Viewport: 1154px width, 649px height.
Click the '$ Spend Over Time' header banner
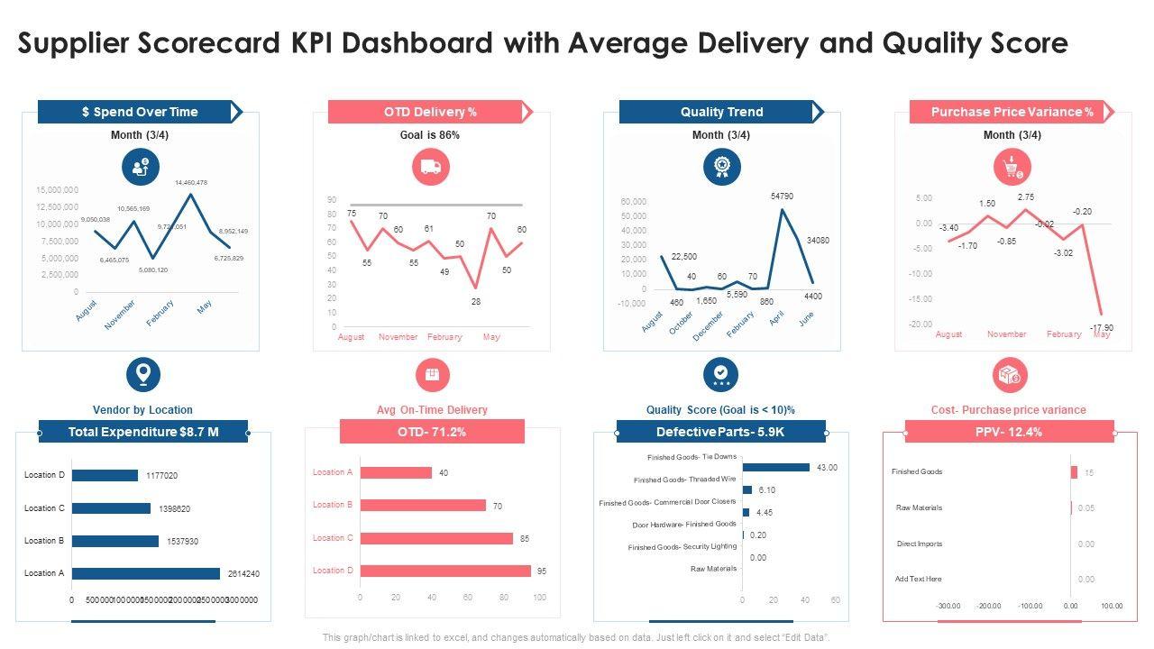[140, 112]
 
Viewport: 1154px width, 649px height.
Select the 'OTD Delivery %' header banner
[430, 112]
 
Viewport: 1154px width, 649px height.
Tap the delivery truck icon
[431, 166]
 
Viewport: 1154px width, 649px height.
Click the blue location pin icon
[142, 373]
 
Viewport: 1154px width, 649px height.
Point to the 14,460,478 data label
[191, 182]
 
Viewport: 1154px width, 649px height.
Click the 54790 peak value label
[783, 196]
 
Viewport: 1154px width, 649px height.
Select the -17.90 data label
[1102, 327]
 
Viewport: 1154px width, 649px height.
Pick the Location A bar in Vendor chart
[146, 573]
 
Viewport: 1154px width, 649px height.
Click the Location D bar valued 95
[445, 571]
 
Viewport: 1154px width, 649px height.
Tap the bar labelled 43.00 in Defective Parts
[776, 467]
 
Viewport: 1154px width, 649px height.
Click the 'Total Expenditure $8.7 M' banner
[143, 432]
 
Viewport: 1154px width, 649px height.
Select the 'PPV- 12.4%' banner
[1009, 432]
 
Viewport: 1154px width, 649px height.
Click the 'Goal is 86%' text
[430, 135]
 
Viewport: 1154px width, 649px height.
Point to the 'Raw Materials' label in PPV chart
[919, 507]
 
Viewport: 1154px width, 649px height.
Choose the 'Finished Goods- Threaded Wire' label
[684, 480]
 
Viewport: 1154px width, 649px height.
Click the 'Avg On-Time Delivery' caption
[432, 410]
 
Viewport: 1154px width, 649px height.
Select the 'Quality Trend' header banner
[721, 112]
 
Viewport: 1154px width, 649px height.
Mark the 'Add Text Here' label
[919, 579]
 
